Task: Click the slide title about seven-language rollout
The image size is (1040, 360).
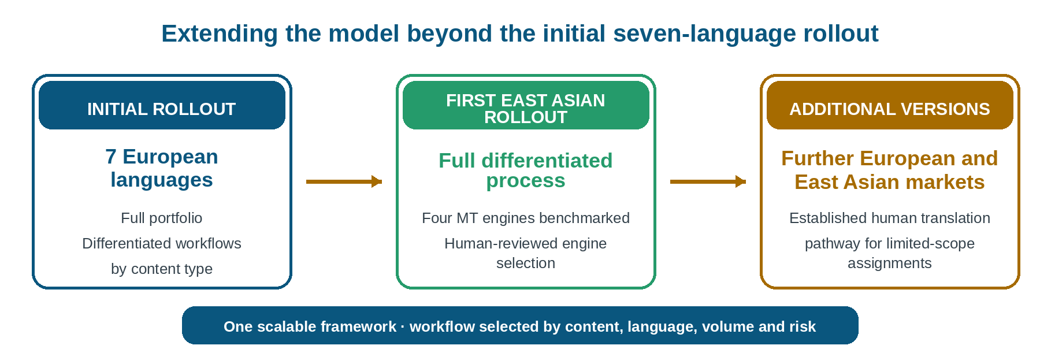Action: [519, 34]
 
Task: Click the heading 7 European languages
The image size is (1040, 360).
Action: [162, 168]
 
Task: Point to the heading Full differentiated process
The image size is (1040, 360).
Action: [526, 170]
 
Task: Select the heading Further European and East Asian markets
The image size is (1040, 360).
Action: [890, 170]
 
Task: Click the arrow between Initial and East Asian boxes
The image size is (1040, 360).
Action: [344, 181]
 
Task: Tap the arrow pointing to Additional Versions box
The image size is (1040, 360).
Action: [708, 181]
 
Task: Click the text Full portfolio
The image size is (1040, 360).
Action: [162, 218]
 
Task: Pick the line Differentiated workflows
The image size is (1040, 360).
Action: [162, 243]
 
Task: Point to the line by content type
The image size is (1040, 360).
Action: [162, 269]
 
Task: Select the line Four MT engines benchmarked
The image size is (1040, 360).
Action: [526, 218]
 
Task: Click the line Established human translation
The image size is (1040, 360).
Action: [890, 218]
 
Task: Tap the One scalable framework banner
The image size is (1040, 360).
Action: [520, 325]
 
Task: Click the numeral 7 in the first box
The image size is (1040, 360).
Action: [111, 157]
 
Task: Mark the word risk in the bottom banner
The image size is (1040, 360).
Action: [802, 326]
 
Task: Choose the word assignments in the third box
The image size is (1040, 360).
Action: [890, 263]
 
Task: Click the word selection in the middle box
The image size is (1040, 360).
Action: [526, 263]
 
